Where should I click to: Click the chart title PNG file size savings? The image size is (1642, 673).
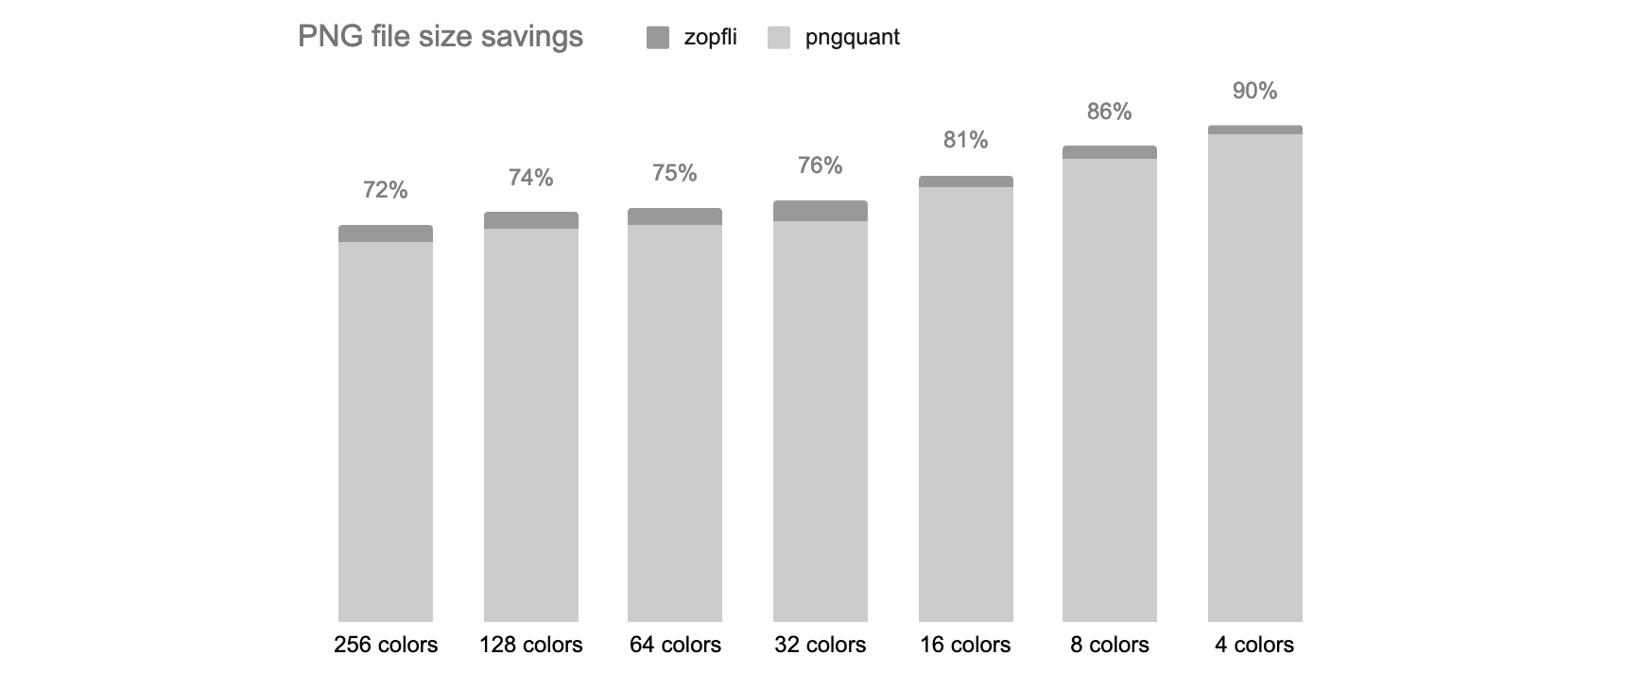pyautogui.click(x=440, y=37)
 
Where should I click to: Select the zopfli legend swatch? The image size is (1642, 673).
pyautogui.click(x=658, y=38)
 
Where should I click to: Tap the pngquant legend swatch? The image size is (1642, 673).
pyautogui.click(x=779, y=38)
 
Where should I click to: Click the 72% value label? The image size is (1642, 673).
pyautogui.click(x=386, y=190)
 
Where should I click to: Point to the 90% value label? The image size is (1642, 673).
pyautogui.click(x=1254, y=91)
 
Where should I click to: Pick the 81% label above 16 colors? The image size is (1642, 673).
pyautogui.click(x=965, y=140)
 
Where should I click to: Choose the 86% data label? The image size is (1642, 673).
pyautogui.click(x=1109, y=112)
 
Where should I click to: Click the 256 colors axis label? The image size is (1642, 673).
pyautogui.click(x=386, y=645)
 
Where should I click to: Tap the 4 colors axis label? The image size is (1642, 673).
pyautogui.click(x=1254, y=645)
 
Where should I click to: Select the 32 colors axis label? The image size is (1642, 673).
pyautogui.click(x=820, y=645)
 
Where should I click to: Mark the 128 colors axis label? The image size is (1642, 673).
pyautogui.click(x=530, y=645)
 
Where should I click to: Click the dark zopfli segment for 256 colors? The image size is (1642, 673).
pyautogui.click(x=386, y=233)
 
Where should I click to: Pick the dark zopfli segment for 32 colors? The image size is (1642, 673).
pyautogui.click(x=821, y=211)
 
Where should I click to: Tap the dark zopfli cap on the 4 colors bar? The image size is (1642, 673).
pyautogui.click(x=1255, y=130)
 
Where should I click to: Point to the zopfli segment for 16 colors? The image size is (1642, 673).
pyautogui.click(x=966, y=181)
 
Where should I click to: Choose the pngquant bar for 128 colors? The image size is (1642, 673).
pyautogui.click(x=531, y=424)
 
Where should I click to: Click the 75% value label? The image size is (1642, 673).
pyautogui.click(x=675, y=173)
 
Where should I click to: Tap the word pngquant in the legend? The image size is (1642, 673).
pyautogui.click(x=852, y=38)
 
